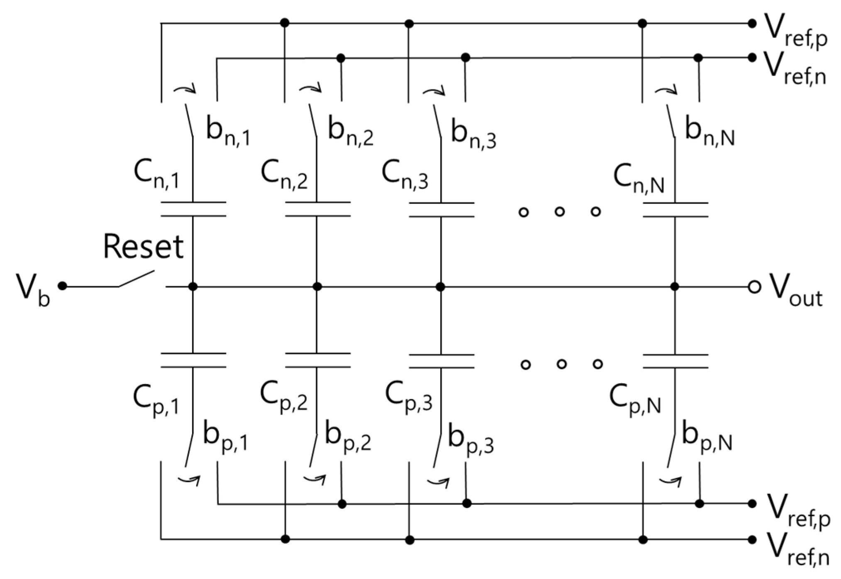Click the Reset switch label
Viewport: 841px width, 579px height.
pyautogui.click(x=143, y=247)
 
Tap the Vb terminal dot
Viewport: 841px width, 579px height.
pyautogui.click(x=63, y=286)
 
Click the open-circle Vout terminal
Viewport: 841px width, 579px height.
pyautogui.click(x=754, y=287)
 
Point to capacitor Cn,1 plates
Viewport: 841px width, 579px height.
pyautogui.click(x=193, y=209)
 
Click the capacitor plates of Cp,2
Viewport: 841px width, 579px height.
pyautogui.click(x=317, y=361)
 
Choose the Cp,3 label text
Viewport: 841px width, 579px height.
pyautogui.click(x=409, y=399)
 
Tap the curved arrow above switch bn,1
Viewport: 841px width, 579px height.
pyautogui.click(x=185, y=89)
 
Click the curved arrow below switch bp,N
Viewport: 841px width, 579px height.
pyautogui.click(x=670, y=481)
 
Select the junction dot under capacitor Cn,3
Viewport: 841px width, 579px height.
pyautogui.click(x=441, y=287)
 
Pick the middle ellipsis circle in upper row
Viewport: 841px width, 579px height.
pyautogui.click(x=560, y=212)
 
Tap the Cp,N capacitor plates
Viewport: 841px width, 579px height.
pyautogui.click(x=675, y=361)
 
